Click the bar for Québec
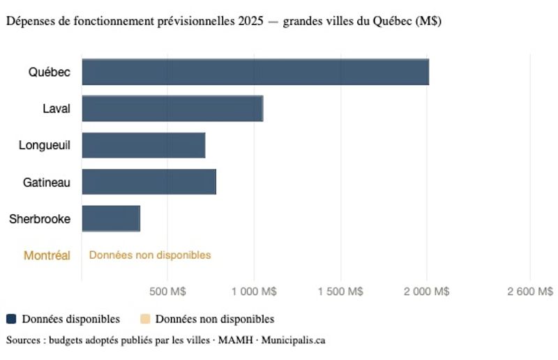pyautogui.click(x=255, y=72)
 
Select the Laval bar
pyautogui.click(x=172, y=109)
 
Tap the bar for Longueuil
pyautogui.click(x=144, y=145)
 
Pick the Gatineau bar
pyautogui.click(x=149, y=181)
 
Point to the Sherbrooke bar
pyautogui.click(x=111, y=218)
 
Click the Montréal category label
pyautogui.click(x=47, y=255)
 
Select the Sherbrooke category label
pyautogui.click(x=40, y=218)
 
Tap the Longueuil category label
pyautogui.click(x=45, y=145)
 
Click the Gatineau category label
pyautogui.click(x=47, y=182)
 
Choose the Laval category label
pyautogui.click(x=56, y=108)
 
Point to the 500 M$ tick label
pyautogui.click(x=167, y=291)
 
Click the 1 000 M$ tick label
pyautogui.click(x=254, y=291)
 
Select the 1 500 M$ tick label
pyautogui.click(x=340, y=291)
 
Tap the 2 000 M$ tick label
pyautogui.click(x=427, y=291)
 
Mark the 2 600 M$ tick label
pyautogui.click(x=530, y=291)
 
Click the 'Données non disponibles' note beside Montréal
pyautogui.click(x=150, y=255)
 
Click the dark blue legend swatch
pyautogui.click(x=11, y=319)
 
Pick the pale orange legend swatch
pyautogui.click(x=145, y=319)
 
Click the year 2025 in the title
pyautogui.click(x=251, y=21)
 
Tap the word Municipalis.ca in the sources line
pyautogui.click(x=293, y=340)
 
